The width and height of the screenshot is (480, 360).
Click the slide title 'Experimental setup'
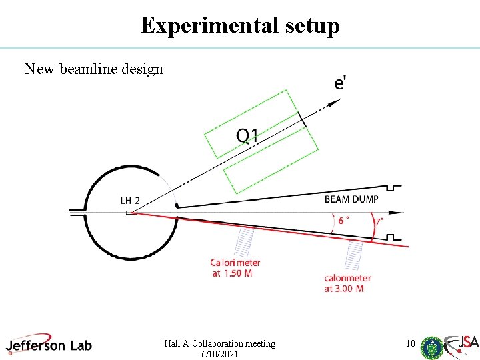240,25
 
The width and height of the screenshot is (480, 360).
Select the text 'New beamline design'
94,69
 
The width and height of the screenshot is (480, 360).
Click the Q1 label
247,136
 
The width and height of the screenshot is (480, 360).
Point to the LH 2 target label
130,200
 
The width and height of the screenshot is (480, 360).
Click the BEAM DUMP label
351,199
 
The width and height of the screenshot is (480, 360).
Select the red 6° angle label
343,220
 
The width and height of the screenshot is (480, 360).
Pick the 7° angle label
379,221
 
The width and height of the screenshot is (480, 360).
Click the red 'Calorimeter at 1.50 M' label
235,268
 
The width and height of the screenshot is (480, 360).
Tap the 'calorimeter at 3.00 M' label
347,283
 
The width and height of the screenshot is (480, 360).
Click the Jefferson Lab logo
49,344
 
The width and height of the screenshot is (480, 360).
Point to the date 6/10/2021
219,355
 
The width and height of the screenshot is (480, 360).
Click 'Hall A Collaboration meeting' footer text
219,343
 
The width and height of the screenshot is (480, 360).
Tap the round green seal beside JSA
432,347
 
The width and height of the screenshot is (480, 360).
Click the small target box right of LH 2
131,213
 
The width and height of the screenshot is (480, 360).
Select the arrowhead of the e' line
337,100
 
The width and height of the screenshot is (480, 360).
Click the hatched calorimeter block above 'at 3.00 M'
354,255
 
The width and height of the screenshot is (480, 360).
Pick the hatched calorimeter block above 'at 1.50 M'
246,241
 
